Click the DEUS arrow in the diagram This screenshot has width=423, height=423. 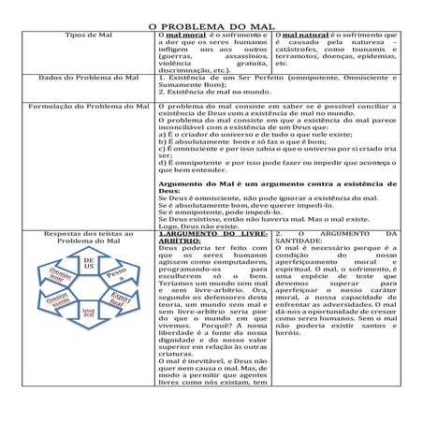[x=89, y=265]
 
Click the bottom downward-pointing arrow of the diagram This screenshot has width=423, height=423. [x=88, y=315]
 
